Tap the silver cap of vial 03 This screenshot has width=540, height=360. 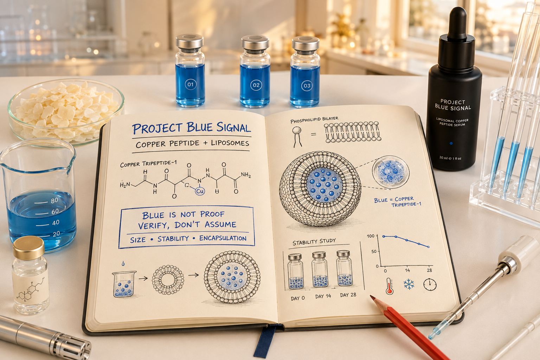[x=306, y=43]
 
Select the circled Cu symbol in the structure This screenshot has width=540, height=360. [x=200, y=191]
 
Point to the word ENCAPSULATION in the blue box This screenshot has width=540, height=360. [x=223, y=238]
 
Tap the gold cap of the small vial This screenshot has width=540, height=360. [x=28, y=247]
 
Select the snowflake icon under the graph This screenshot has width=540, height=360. [x=409, y=284]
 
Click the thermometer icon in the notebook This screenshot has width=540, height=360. [x=389, y=286]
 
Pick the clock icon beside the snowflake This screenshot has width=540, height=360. [x=430, y=284]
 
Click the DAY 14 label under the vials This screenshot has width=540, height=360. [x=323, y=296]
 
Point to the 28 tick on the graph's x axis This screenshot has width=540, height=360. [x=429, y=270]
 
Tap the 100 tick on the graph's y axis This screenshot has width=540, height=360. [x=371, y=236]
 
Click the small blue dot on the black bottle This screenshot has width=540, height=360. [x=451, y=143]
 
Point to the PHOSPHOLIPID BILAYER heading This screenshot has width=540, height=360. [x=314, y=120]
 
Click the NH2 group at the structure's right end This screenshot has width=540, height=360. [x=246, y=175]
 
